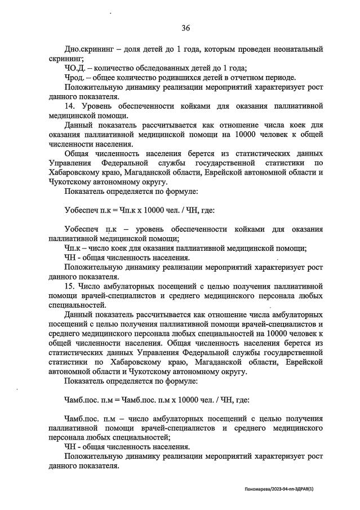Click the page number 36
(x=186, y=28)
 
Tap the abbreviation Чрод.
(x=75, y=77)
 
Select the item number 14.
(x=70, y=106)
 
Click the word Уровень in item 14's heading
(x=99, y=106)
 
